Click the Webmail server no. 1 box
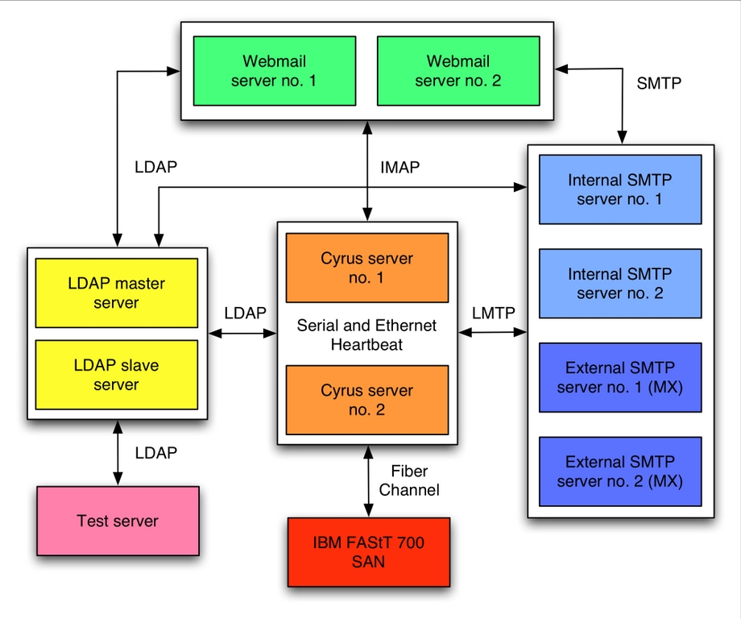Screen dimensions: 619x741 pyautogui.click(x=274, y=71)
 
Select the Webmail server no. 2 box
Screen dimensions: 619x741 pyautogui.click(x=457, y=71)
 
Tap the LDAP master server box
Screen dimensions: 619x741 pyautogui.click(x=117, y=293)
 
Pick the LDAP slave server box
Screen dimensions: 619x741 pyautogui.click(x=117, y=375)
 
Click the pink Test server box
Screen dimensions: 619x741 pyautogui.click(x=118, y=521)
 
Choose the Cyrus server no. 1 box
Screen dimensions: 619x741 pyautogui.click(x=367, y=268)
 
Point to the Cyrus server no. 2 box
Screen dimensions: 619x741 pyautogui.click(x=367, y=400)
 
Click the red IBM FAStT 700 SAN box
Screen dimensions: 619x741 pyautogui.click(x=369, y=552)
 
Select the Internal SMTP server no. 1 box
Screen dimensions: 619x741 pyautogui.click(x=619, y=189)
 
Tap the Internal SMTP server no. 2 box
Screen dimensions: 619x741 pyautogui.click(x=619, y=284)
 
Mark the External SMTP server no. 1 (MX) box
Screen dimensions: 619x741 pyautogui.click(x=619, y=378)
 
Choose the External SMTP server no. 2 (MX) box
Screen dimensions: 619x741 pyautogui.click(x=619, y=472)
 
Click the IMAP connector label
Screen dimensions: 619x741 pyautogui.click(x=400, y=168)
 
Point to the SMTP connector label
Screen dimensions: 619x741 pyautogui.click(x=659, y=82)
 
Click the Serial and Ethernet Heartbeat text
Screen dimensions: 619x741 pyautogui.click(x=367, y=334)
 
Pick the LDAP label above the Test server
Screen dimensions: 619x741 pyautogui.click(x=155, y=453)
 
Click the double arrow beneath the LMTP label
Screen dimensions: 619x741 pyautogui.click(x=493, y=331)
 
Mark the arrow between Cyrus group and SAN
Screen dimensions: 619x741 pyautogui.click(x=369, y=481)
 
